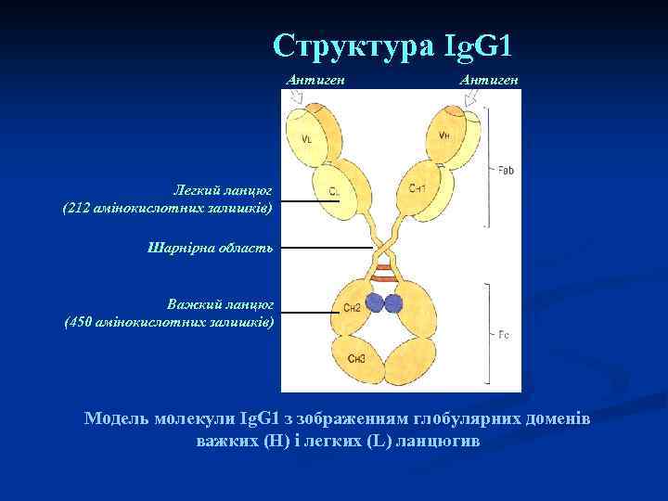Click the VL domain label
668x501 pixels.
tap(307, 139)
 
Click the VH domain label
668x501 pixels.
tap(445, 135)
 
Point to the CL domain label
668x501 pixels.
tap(334, 192)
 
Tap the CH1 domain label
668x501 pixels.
tap(417, 188)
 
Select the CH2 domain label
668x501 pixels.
tap(352, 307)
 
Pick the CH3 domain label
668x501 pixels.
tap(357, 358)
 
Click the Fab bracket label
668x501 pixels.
tap(506, 171)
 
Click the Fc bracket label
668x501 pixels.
tap(504, 333)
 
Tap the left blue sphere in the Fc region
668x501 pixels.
tap(375, 303)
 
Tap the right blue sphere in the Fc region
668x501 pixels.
tap(394, 303)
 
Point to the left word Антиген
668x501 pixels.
tap(315, 81)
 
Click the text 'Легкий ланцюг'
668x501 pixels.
tap(224, 189)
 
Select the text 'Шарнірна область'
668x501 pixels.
tap(210, 247)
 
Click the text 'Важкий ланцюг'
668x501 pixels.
tap(221, 304)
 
